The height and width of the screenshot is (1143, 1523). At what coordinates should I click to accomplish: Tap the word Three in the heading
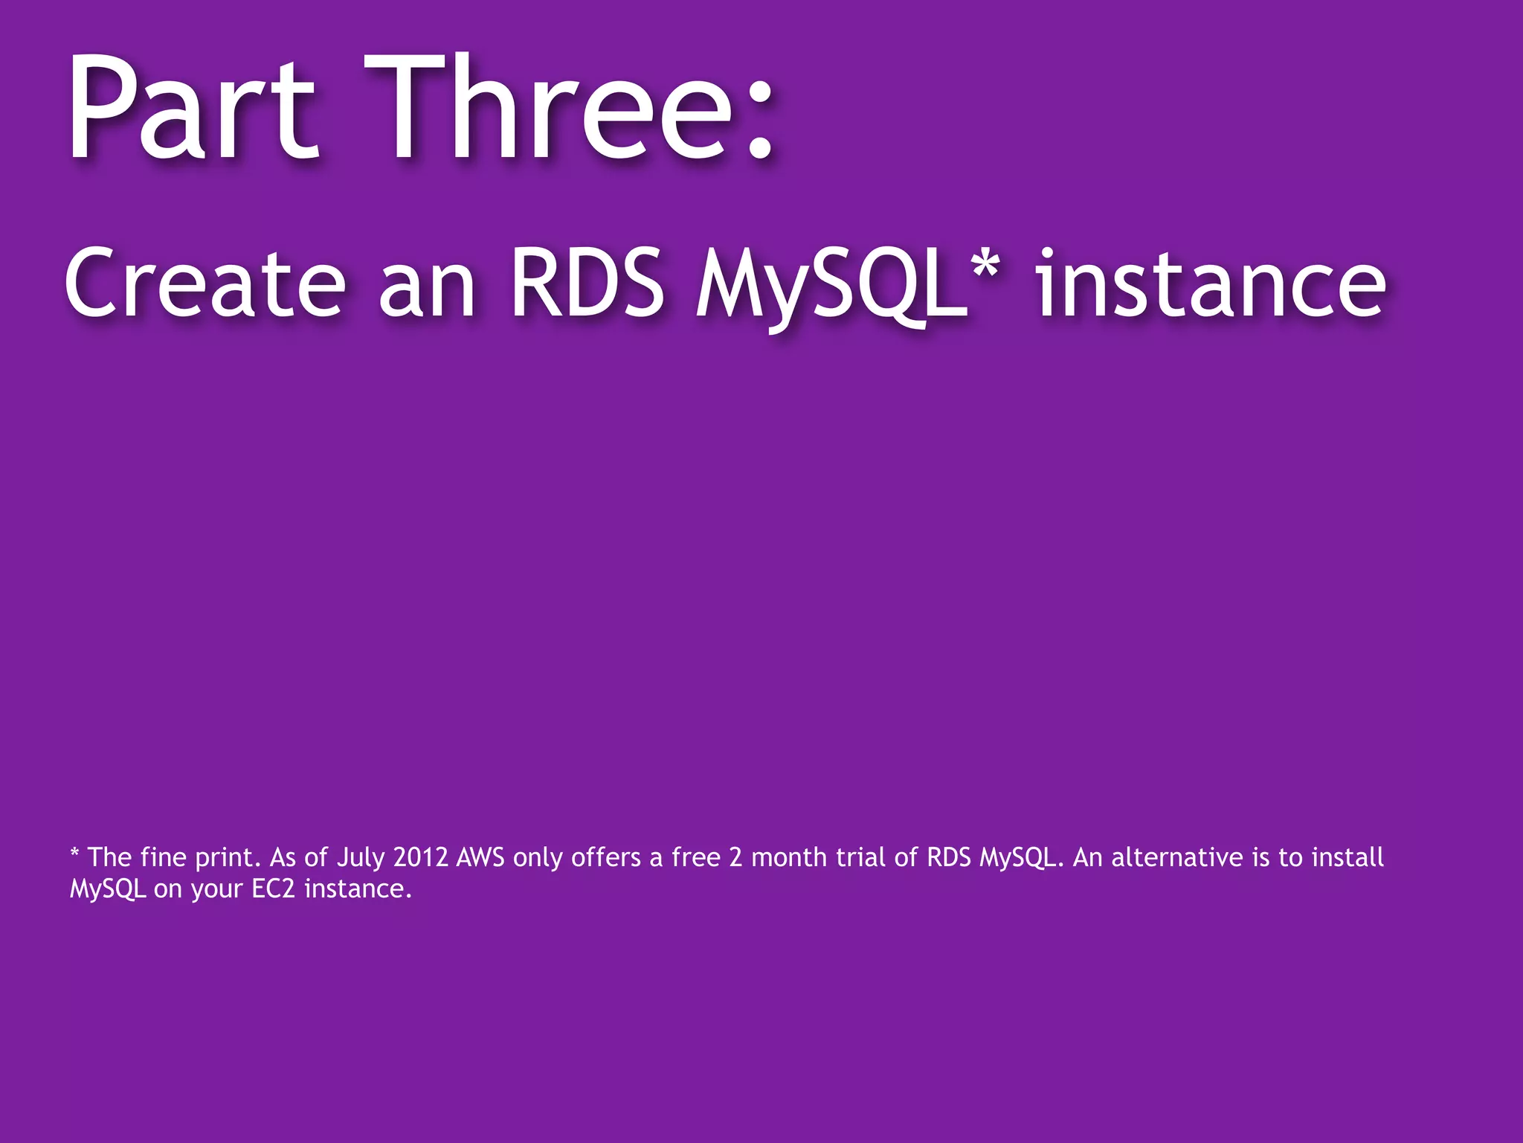click(x=550, y=108)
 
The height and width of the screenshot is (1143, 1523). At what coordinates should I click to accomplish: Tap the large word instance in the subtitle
click(x=1211, y=283)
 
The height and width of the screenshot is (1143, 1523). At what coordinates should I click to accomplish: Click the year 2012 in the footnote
click(x=420, y=857)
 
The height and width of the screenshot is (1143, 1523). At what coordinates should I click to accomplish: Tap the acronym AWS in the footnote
click(x=480, y=857)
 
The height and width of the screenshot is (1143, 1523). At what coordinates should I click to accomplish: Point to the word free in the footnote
click(x=695, y=857)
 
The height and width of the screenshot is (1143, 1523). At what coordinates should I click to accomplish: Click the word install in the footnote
click(x=1347, y=857)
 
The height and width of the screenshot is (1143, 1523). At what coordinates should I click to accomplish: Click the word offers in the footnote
click(x=605, y=857)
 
